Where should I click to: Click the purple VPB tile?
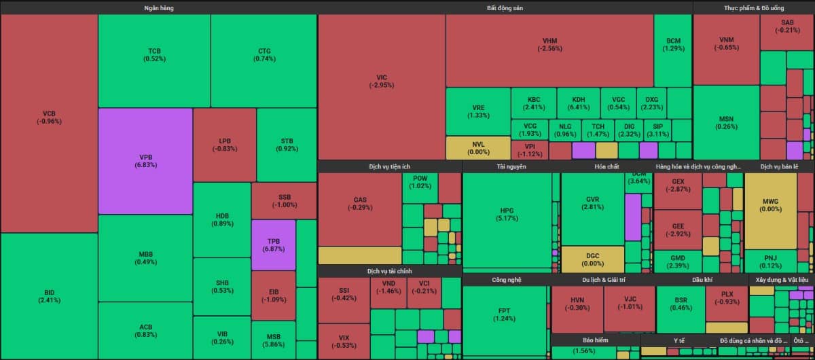(x=145, y=160)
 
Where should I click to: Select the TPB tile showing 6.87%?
(x=274, y=245)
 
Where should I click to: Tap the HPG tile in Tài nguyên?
(x=508, y=214)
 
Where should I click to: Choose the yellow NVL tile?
(x=477, y=148)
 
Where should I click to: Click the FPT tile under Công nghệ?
(x=504, y=314)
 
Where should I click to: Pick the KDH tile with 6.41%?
(x=578, y=103)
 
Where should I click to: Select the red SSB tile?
(x=284, y=200)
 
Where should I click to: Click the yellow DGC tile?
(x=593, y=259)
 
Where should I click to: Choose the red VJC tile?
(x=630, y=302)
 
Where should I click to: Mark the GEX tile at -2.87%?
(x=677, y=185)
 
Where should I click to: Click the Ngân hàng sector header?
(x=159, y=7)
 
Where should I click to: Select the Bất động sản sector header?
(x=505, y=7)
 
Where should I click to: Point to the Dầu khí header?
(x=702, y=279)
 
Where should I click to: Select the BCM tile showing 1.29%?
(x=673, y=44)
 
